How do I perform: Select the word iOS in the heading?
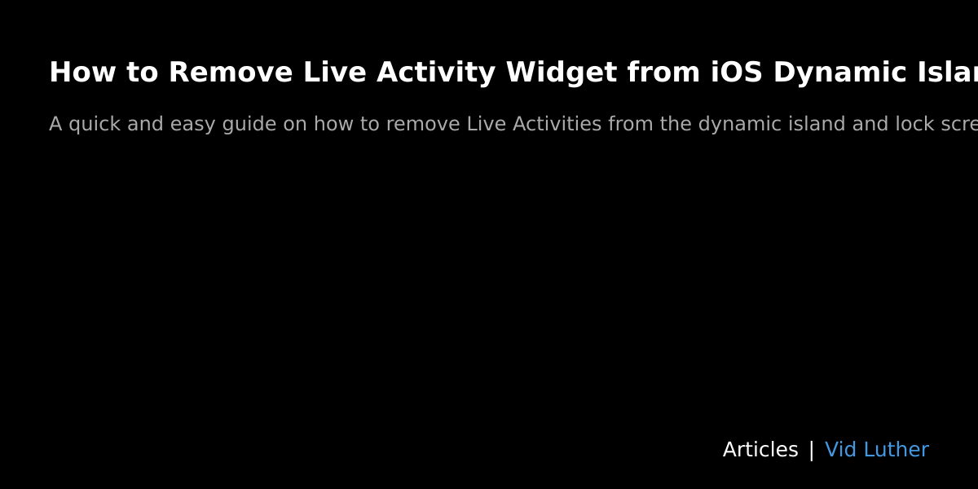tap(736, 73)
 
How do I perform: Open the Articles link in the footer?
tap(760, 450)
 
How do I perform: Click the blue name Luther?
tap(896, 450)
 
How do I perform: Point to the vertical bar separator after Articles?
tap(811, 450)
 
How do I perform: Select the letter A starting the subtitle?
tap(55, 125)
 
